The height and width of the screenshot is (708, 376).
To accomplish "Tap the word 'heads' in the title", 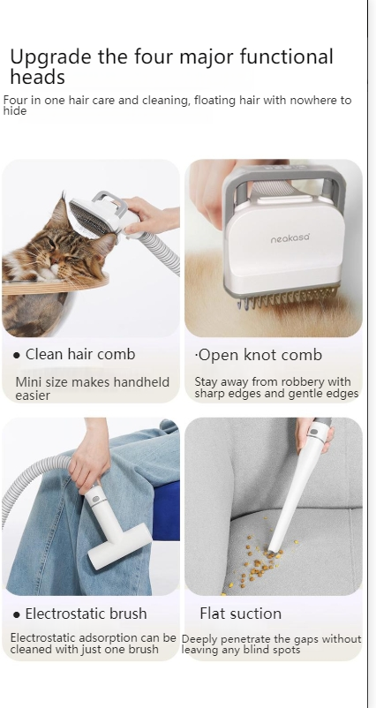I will tap(37, 78).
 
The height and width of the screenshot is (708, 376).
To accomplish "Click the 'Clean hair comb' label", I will tap(80, 354).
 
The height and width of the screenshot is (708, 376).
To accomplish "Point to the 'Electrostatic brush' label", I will tap(86, 614).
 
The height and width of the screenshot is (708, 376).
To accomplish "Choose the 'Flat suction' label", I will tap(240, 614).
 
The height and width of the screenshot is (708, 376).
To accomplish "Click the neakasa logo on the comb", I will tap(290, 239).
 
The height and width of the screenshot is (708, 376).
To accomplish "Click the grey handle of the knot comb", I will tap(274, 176).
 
